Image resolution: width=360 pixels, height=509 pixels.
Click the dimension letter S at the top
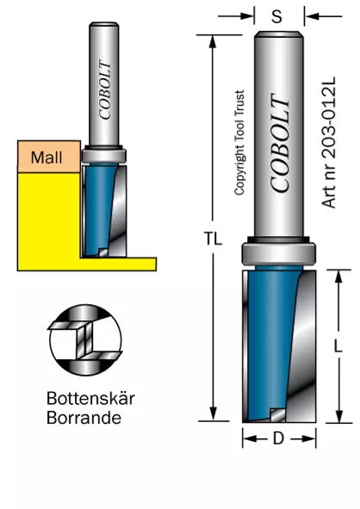pyautogui.click(x=277, y=16)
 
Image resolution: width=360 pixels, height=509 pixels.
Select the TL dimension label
pyautogui.click(x=214, y=239)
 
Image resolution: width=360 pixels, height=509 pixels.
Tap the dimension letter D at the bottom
pyautogui.click(x=278, y=438)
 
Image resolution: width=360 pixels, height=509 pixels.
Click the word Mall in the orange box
pyautogui.click(x=47, y=158)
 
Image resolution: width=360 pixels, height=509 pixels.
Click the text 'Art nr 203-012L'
pyautogui.click(x=328, y=142)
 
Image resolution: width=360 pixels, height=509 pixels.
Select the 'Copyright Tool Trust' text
pyautogui.click(x=239, y=143)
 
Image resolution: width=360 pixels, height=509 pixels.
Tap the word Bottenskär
pyautogui.click(x=90, y=398)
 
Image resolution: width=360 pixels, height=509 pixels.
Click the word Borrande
pyautogui.click(x=84, y=418)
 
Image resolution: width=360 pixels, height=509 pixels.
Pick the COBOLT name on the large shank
pyautogui.click(x=280, y=143)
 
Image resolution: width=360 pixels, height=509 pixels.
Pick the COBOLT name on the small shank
pyautogui.click(x=104, y=90)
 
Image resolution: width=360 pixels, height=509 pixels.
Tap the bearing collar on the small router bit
pyautogui.click(x=103, y=155)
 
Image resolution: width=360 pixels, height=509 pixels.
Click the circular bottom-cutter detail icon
pyautogui.click(x=85, y=340)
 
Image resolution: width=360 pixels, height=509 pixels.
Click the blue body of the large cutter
pyautogui.click(x=271, y=341)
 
